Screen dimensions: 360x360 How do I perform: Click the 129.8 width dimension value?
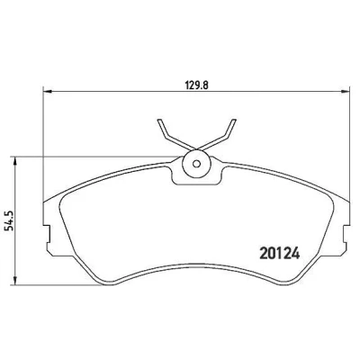tap(197, 85)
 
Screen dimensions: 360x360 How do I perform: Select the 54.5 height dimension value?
tap(10, 221)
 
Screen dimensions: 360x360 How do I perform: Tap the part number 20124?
tap(280, 254)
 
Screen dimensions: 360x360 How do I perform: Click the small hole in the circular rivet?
tap(196, 164)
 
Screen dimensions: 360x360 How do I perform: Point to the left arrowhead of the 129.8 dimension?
tap(48, 92)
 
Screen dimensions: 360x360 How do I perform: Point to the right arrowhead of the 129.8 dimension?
tap(346, 92)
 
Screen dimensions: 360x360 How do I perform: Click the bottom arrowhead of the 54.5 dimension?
tap(14, 281)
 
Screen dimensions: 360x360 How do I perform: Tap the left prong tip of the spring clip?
tap(160, 121)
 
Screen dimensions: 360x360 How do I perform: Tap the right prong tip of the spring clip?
tap(233, 121)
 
